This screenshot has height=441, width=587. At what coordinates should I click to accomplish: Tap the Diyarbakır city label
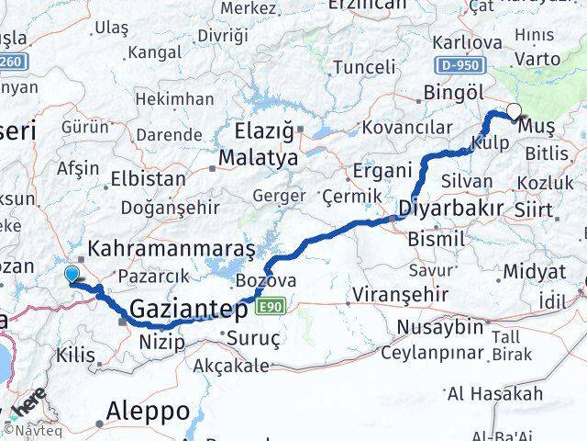coord(450,209)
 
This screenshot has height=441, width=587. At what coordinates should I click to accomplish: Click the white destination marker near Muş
coord(513,112)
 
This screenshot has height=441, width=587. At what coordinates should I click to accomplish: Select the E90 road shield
coord(269,305)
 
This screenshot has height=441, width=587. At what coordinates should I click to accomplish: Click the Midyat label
coord(532,272)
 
